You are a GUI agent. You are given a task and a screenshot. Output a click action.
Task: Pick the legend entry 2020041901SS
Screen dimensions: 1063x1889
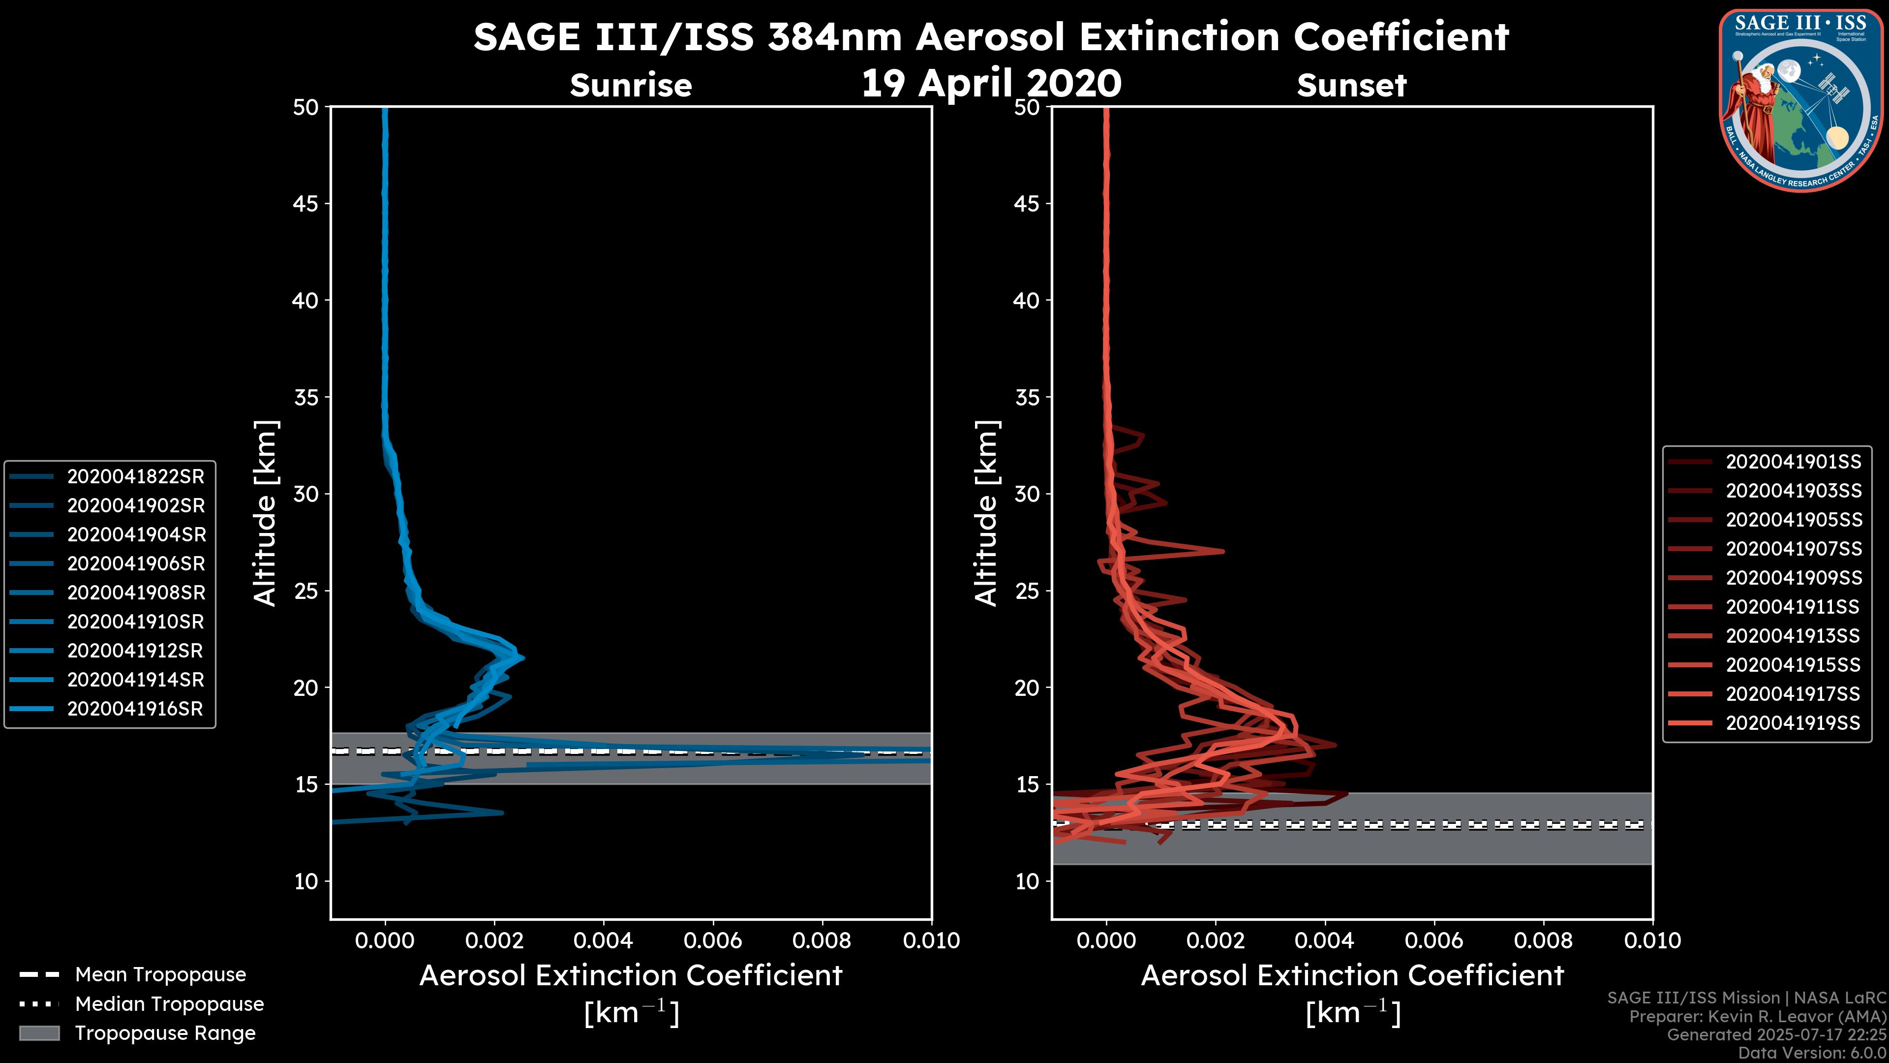point(1793,462)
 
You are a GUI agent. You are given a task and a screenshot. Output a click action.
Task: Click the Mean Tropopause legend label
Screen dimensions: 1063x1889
point(160,975)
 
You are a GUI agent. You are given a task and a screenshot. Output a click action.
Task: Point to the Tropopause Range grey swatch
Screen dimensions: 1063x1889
point(39,1033)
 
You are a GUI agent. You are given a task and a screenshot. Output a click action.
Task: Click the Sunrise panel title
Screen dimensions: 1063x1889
point(631,86)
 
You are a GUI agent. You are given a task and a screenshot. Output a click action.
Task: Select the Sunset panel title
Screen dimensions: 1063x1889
point(1351,86)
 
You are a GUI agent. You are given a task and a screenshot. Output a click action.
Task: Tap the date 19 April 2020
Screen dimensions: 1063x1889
point(991,83)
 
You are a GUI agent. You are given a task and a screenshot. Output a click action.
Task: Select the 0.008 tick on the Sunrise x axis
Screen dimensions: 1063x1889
point(822,940)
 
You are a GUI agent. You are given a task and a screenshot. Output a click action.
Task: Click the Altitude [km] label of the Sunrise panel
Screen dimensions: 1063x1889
point(266,513)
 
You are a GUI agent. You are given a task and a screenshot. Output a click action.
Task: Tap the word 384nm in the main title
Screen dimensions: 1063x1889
point(834,37)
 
